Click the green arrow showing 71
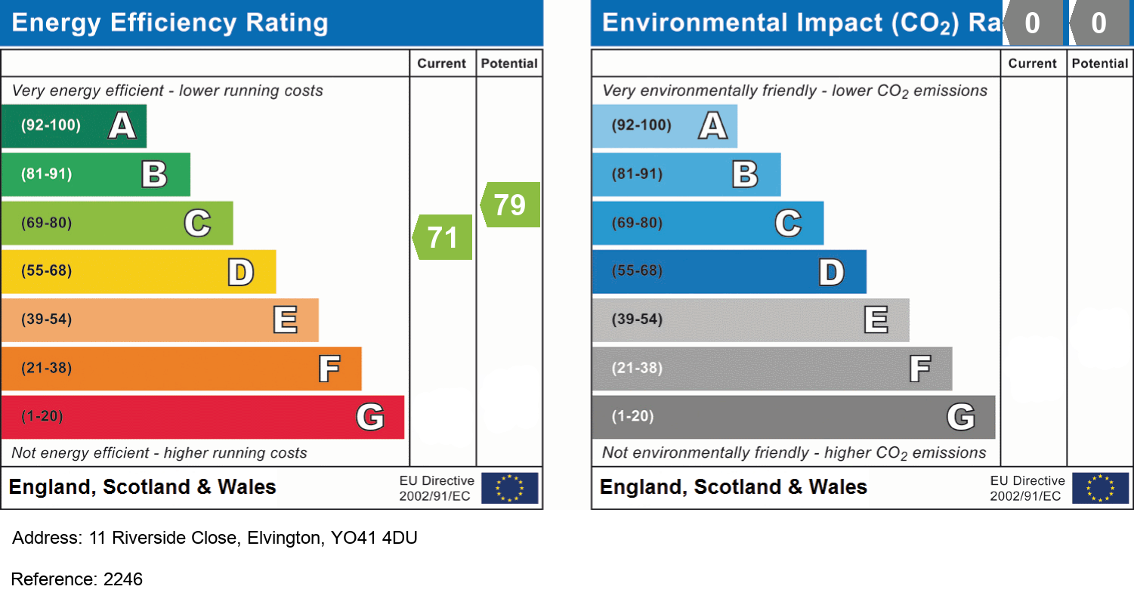click(x=443, y=237)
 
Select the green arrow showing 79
click(x=511, y=205)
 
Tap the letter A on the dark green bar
click(x=122, y=125)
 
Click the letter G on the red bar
click(x=370, y=417)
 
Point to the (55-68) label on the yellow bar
click(x=47, y=271)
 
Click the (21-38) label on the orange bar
click(x=47, y=369)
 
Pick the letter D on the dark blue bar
click(x=831, y=272)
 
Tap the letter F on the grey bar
click(x=919, y=369)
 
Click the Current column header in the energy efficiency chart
click(x=442, y=64)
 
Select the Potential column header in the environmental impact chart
click(x=1100, y=64)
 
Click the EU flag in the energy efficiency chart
click(x=510, y=488)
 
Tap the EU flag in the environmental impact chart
click(x=1101, y=488)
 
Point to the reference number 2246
click(x=122, y=579)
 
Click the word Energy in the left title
click(x=57, y=23)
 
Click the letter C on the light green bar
click(x=197, y=223)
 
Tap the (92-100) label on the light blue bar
click(x=641, y=125)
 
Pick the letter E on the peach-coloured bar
click(x=285, y=320)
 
